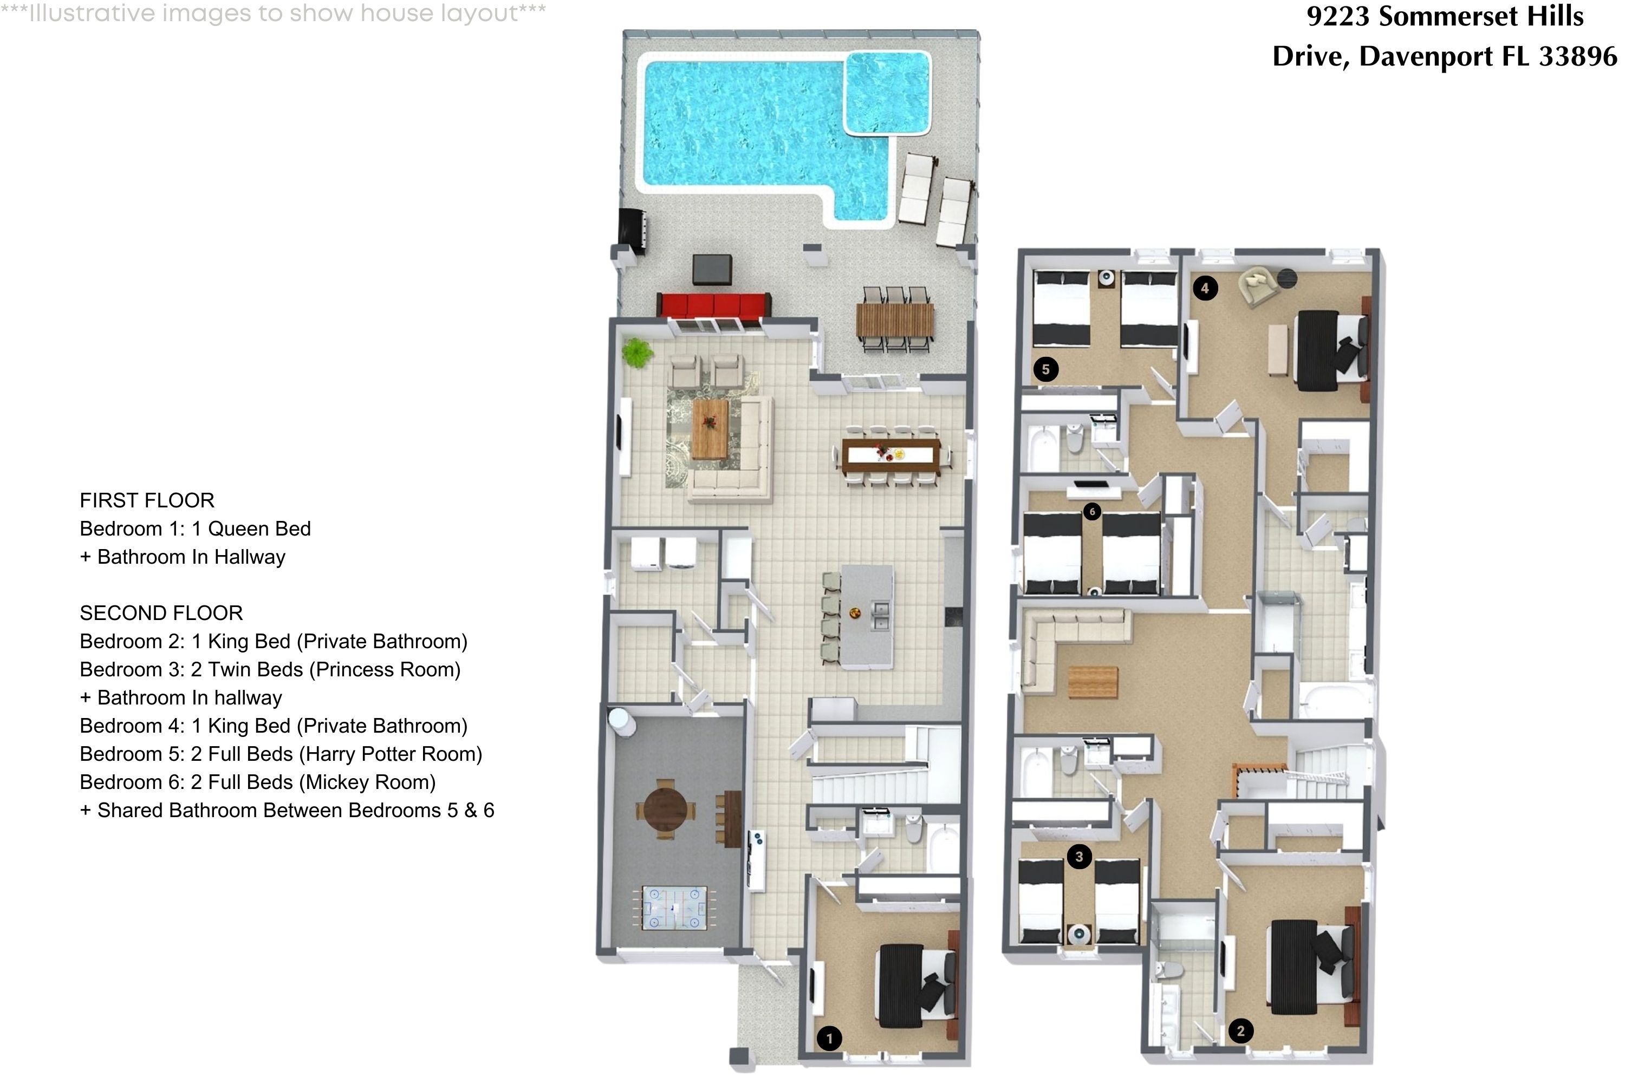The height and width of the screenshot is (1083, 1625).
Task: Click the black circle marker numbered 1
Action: (x=829, y=1038)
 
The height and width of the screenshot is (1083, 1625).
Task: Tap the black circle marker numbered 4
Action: (x=1205, y=288)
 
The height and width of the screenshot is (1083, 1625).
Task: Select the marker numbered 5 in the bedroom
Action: (x=1045, y=369)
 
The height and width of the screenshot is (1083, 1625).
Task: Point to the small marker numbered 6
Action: (x=1091, y=511)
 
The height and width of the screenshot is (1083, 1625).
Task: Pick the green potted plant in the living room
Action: (x=637, y=353)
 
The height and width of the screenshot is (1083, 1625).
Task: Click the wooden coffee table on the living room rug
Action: (x=710, y=428)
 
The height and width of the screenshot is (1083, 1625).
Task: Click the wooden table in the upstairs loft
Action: (x=1093, y=682)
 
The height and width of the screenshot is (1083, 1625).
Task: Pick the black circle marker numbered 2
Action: (x=1240, y=1030)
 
